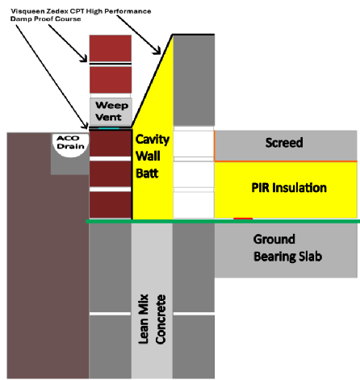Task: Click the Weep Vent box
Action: pyautogui.click(x=111, y=111)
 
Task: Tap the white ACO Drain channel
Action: pyautogui.click(x=70, y=145)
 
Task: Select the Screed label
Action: pyautogui.click(x=284, y=143)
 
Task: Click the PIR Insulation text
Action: pyautogui.click(x=289, y=187)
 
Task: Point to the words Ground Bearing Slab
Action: pyautogui.click(x=287, y=248)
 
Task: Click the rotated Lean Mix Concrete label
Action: pyautogui.click(x=152, y=319)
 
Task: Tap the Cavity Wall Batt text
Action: pyautogui.click(x=153, y=157)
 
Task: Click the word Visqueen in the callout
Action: pyautogui.click(x=28, y=11)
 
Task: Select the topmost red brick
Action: pyautogui.click(x=111, y=48)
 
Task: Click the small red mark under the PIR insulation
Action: pyautogui.click(x=243, y=219)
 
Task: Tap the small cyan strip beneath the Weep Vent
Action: pyautogui.click(x=109, y=128)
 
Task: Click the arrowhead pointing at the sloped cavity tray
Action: pyautogui.click(x=157, y=51)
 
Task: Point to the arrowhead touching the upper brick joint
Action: pyautogui.click(x=84, y=58)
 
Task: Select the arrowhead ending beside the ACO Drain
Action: pyautogui.click(x=86, y=125)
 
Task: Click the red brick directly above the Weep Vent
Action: pyautogui.click(x=111, y=80)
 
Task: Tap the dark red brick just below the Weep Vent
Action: pyautogui.click(x=111, y=144)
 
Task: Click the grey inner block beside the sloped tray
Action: pyautogui.click(x=194, y=80)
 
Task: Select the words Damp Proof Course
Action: pyautogui.click(x=45, y=19)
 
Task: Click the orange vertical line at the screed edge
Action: pyautogui.click(x=214, y=146)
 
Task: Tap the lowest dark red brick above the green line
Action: pyautogui.click(x=111, y=205)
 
